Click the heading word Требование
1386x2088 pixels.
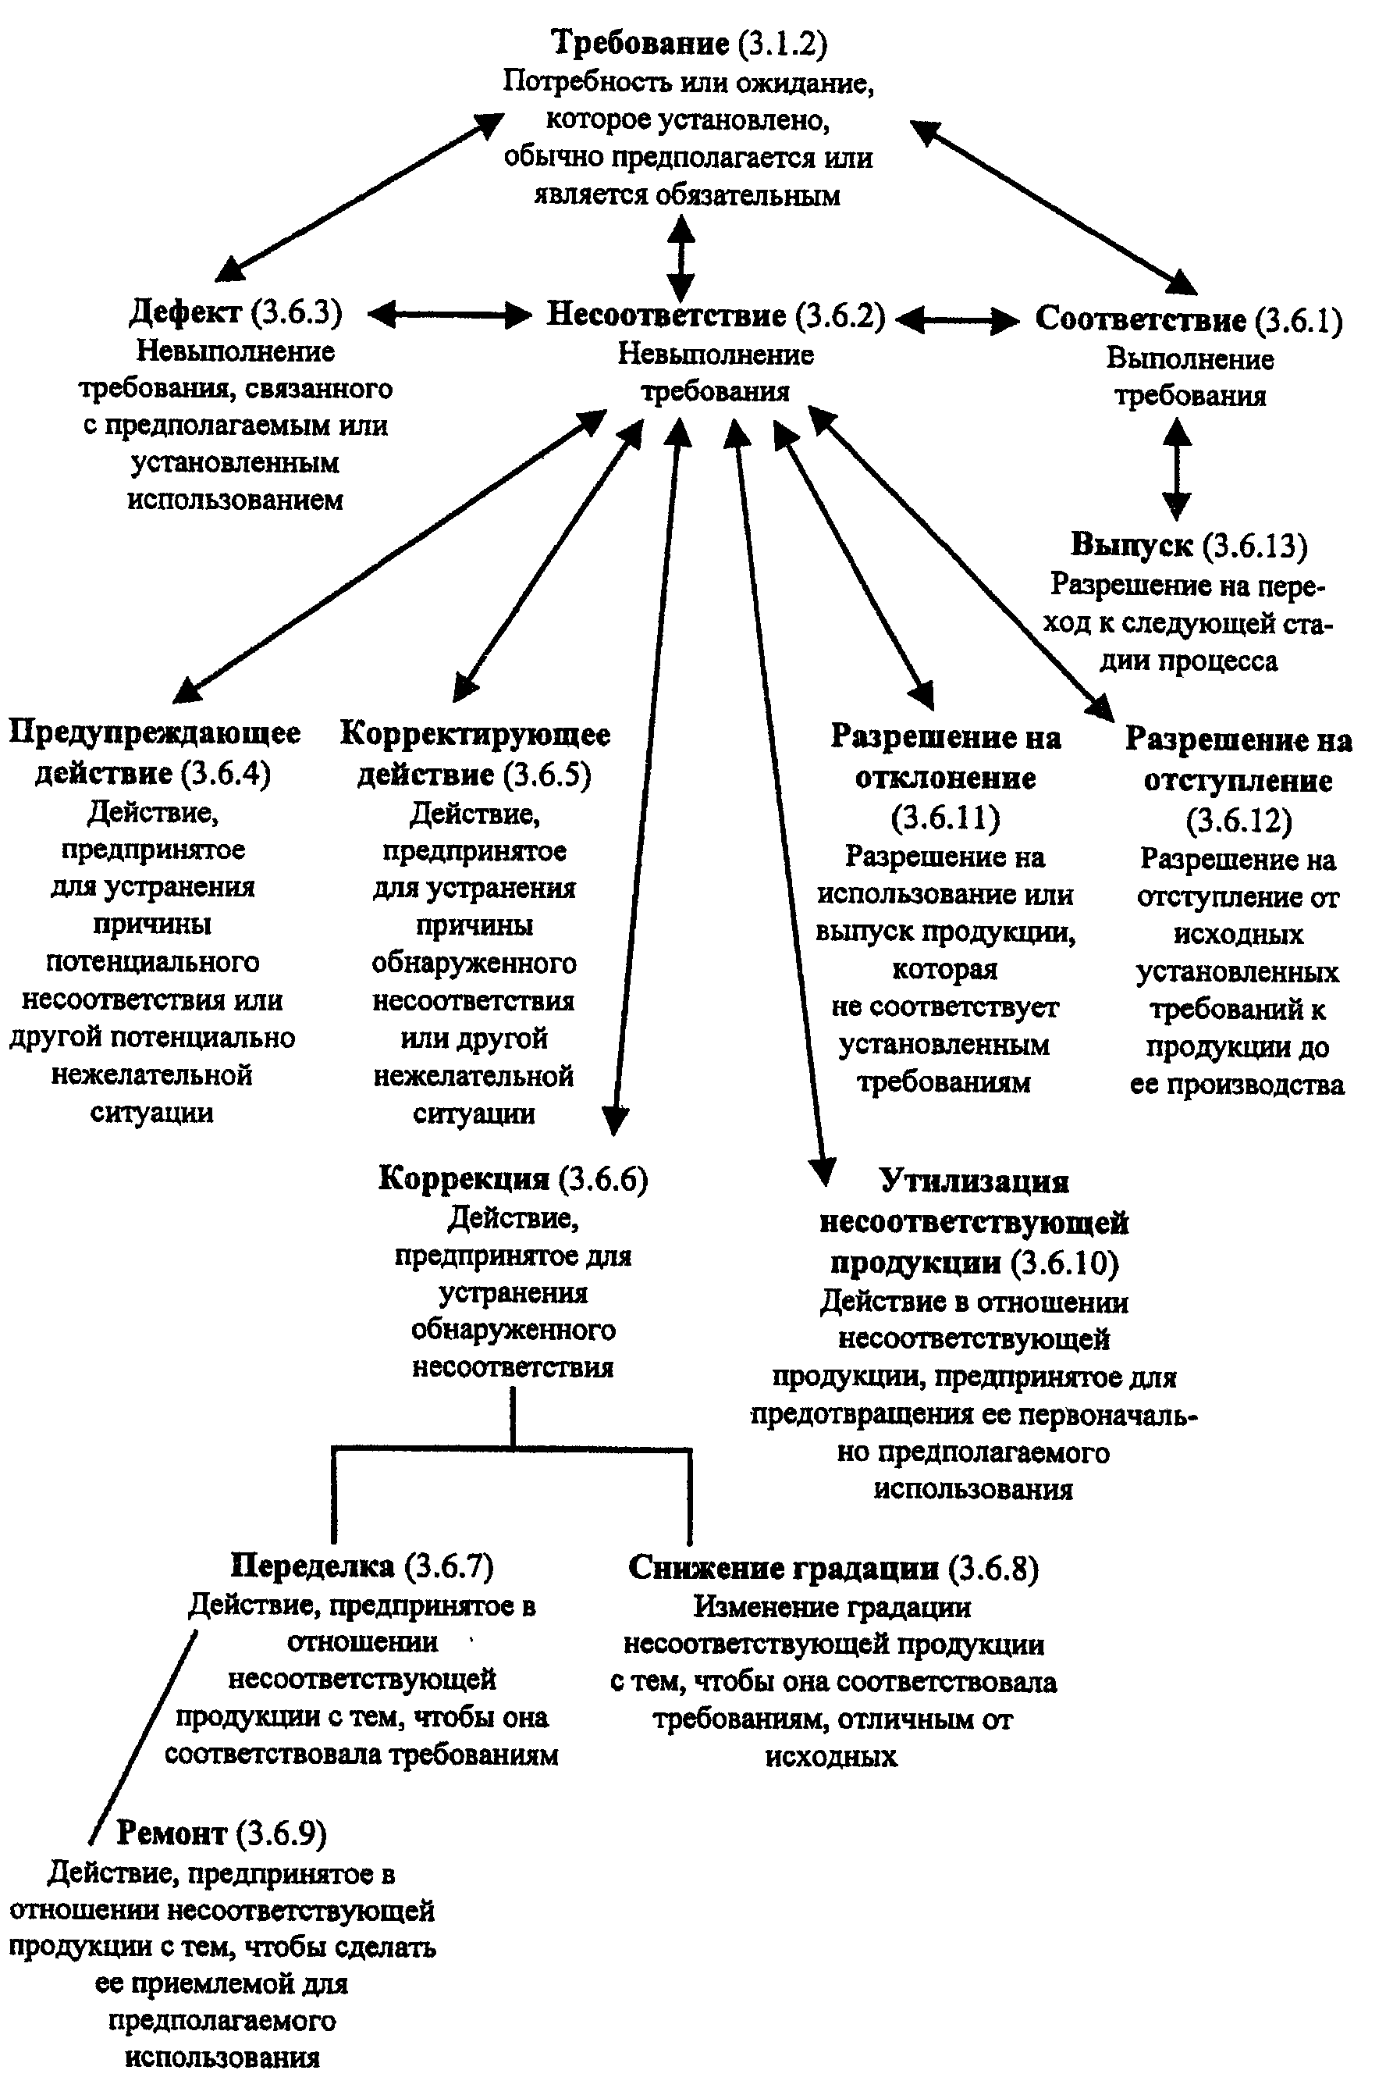(640, 43)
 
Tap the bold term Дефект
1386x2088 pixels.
(186, 312)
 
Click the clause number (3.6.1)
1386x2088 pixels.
(1299, 319)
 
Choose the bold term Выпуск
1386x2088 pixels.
(1132, 545)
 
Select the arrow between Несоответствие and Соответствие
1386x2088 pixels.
(958, 320)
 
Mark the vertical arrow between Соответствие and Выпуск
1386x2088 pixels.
(1175, 468)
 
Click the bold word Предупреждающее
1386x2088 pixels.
(155, 732)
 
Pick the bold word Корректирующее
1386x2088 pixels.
(475, 734)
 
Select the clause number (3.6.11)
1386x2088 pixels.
(945, 817)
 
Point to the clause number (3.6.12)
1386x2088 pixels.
(1238, 821)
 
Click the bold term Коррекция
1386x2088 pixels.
(464, 1178)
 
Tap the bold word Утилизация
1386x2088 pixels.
(974, 1181)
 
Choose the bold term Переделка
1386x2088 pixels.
(312, 1566)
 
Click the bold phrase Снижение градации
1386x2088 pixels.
(784, 1568)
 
